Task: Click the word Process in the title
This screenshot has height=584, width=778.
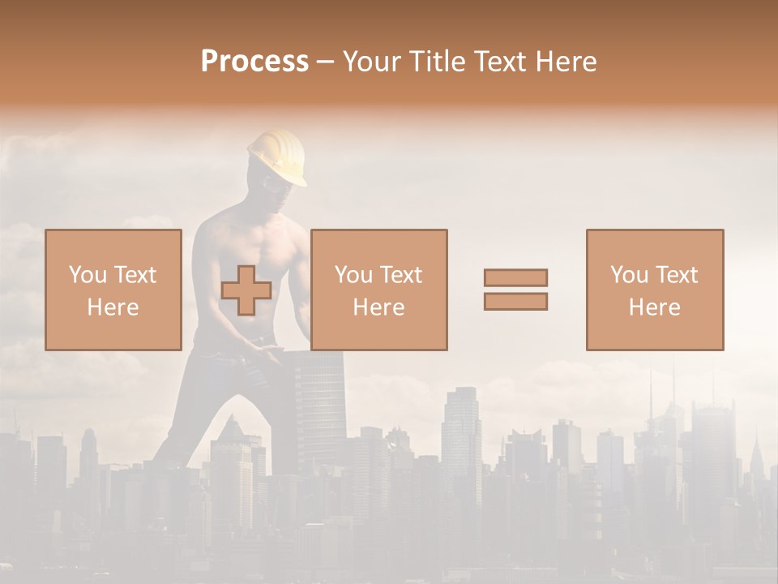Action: pos(254,62)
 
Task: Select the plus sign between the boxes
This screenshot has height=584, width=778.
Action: pos(246,290)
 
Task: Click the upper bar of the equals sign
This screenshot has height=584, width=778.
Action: pos(515,277)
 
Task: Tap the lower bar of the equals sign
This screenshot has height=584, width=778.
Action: pos(515,302)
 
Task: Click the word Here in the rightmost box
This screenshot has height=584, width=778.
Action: pos(655,307)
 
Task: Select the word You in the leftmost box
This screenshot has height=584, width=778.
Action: pos(88,275)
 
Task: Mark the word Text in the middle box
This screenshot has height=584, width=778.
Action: pos(400,275)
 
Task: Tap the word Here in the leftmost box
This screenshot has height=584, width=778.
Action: pos(113,307)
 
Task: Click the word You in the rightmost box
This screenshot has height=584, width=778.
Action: pos(629,275)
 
